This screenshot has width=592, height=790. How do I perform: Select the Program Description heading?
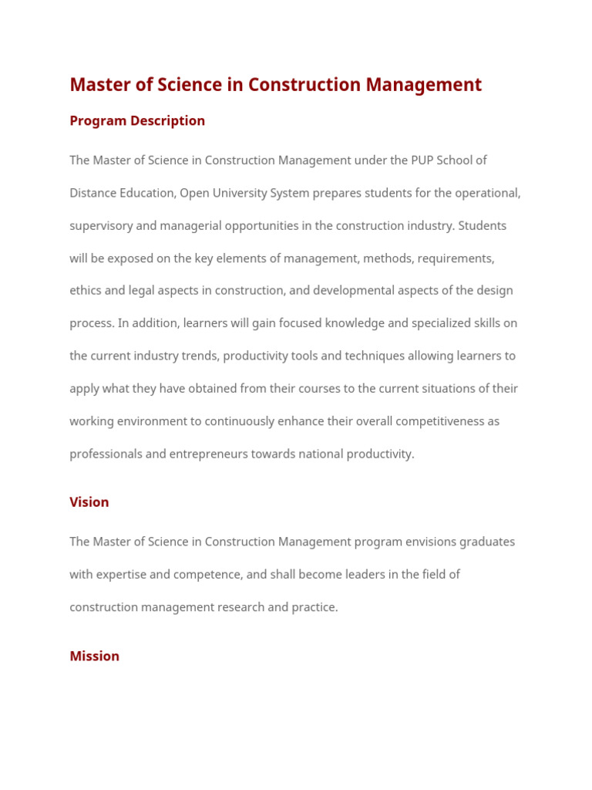[137, 121]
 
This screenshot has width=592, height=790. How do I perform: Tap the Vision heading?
[89, 502]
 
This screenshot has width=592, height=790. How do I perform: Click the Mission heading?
[94, 657]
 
